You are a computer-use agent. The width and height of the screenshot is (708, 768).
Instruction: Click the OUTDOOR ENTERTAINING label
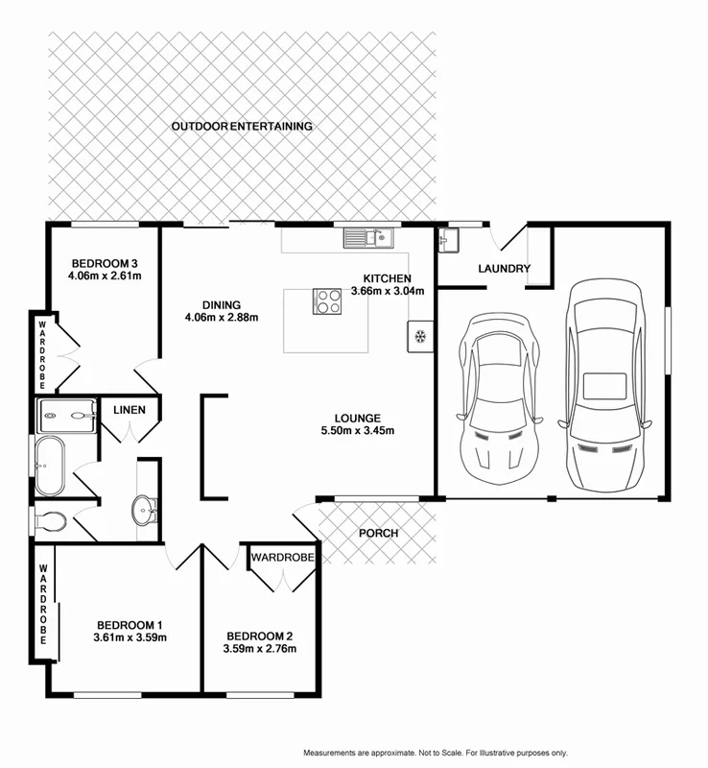point(242,126)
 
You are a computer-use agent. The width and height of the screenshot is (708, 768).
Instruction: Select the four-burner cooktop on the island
point(327,301)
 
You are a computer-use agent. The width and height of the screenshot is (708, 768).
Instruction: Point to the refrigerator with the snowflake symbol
point(419,336)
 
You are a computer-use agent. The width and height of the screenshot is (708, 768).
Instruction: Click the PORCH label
point(377,534)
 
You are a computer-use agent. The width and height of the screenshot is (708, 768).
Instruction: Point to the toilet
point(50,520)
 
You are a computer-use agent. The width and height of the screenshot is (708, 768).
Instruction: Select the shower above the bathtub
point(67,416)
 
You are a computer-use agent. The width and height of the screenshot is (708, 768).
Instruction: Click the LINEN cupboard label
point(130,410)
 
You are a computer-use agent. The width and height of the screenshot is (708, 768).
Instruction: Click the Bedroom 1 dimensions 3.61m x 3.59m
point(130,637)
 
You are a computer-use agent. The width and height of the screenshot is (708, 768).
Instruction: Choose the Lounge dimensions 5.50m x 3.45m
point(358,430)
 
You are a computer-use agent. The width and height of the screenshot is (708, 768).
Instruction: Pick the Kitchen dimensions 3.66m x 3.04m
point(386,291)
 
